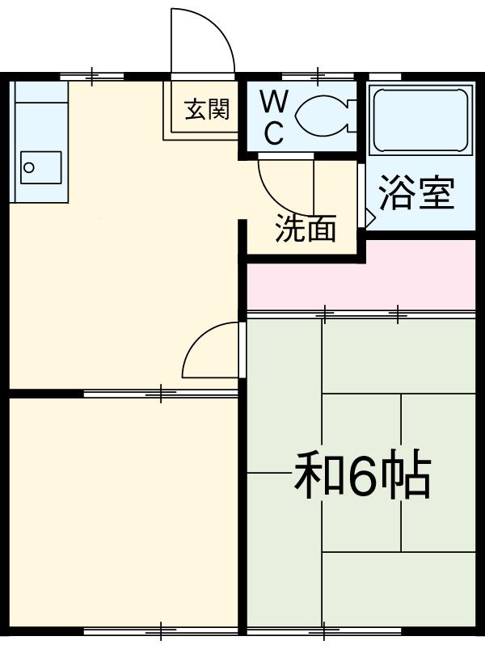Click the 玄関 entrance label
coord(207,108)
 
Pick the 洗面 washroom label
coord(305,230)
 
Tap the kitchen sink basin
coord(40,167)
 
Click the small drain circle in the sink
coord(29,168)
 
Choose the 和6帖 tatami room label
coord(361,478)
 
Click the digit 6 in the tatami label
coord(361,478)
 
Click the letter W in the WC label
coord(274,103)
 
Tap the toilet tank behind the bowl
coord(349,116)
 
